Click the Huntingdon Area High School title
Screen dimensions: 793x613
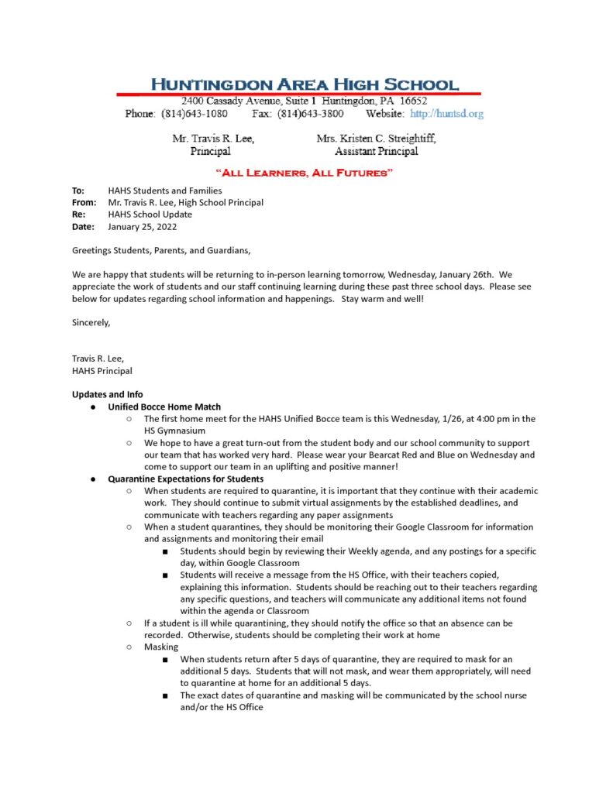[304, 84]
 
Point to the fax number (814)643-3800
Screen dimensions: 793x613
[310, 114]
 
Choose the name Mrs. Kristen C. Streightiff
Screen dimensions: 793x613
[376, 139]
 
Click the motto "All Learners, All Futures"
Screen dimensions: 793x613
[305, 172]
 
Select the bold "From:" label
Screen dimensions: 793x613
[84, 203]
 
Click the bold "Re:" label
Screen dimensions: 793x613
[79, 215]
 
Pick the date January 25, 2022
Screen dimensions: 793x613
[143, 227]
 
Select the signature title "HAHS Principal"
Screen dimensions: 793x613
[102, 370]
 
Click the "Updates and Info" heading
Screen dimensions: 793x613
[107, 394]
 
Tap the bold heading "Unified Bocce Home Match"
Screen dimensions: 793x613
[164, 407]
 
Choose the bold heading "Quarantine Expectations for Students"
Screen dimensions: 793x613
[186, 479]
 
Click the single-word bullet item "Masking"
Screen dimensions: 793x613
[160, 647]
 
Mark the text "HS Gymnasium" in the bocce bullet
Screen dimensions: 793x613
[174, 431]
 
